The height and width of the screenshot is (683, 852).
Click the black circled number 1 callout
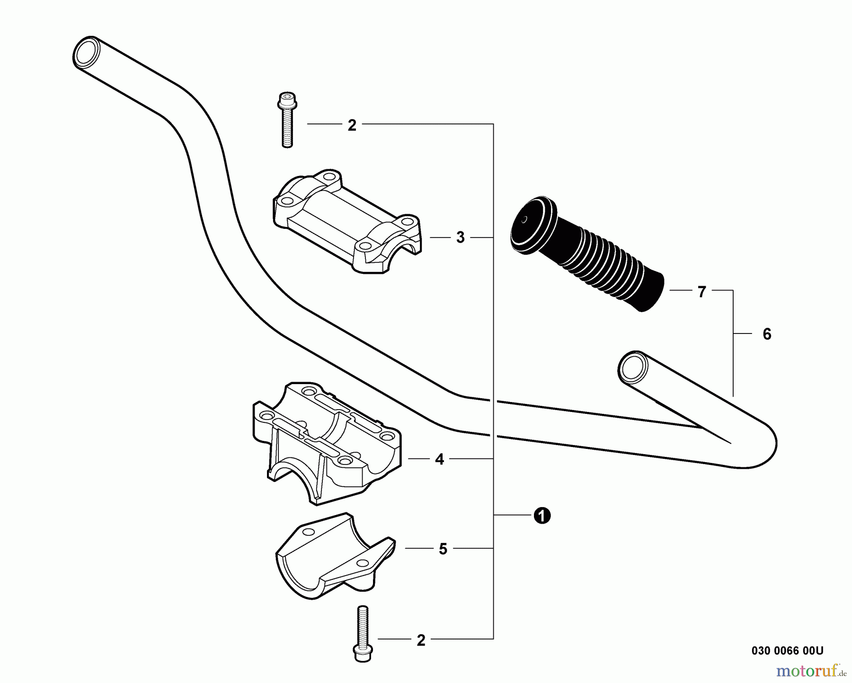click(542, 516)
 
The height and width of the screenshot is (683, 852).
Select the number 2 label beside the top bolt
click(352, 125)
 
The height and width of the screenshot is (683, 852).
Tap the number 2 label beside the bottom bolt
click(421, 640)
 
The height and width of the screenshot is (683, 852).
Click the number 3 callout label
click(461, 237)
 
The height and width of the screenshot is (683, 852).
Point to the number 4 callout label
click(440, 459)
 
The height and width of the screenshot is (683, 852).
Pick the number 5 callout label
click(443, 549)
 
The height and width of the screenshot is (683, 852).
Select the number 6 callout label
click(767, 334)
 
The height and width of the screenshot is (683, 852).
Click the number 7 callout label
click(702, 292)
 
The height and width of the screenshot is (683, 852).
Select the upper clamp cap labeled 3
click(346, 222)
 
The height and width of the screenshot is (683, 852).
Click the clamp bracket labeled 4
click(327, 442)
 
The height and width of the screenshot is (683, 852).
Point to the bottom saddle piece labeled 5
click(334, 556)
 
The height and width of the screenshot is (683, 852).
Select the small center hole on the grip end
click(524, 219)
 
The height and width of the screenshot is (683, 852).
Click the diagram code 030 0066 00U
click(787, 650)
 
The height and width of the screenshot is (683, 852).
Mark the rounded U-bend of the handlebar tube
click(762, 445)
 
